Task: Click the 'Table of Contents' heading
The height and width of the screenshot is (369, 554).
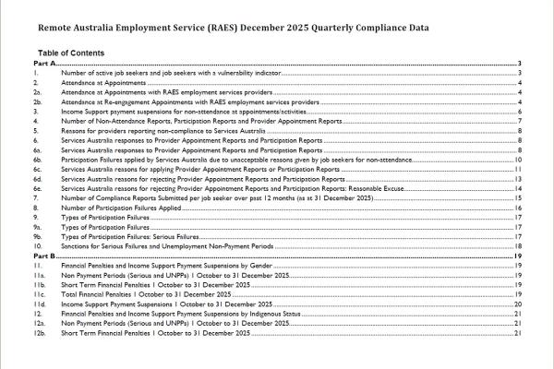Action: pos(70,54)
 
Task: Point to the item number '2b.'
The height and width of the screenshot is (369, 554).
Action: pos(38,101)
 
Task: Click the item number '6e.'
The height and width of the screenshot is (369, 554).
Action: pos(38,188)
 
